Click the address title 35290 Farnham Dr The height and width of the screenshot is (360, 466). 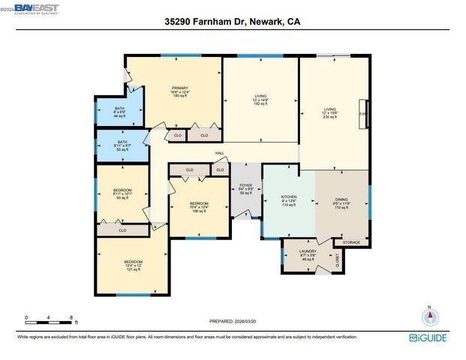click(233, 22)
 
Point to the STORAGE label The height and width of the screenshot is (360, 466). click(351, 242)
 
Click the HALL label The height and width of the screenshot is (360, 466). click(220, 153)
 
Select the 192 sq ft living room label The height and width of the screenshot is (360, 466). click(260, 100)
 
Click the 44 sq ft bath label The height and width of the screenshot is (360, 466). click(120, 112)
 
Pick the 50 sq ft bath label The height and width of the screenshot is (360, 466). click(122, 146)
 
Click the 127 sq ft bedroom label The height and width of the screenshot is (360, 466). click(134, 264)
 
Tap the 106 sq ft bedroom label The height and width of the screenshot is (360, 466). click(198, 208)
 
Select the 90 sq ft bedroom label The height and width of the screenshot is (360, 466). click(122, 194)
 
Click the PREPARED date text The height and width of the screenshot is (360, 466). click(233, 321)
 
